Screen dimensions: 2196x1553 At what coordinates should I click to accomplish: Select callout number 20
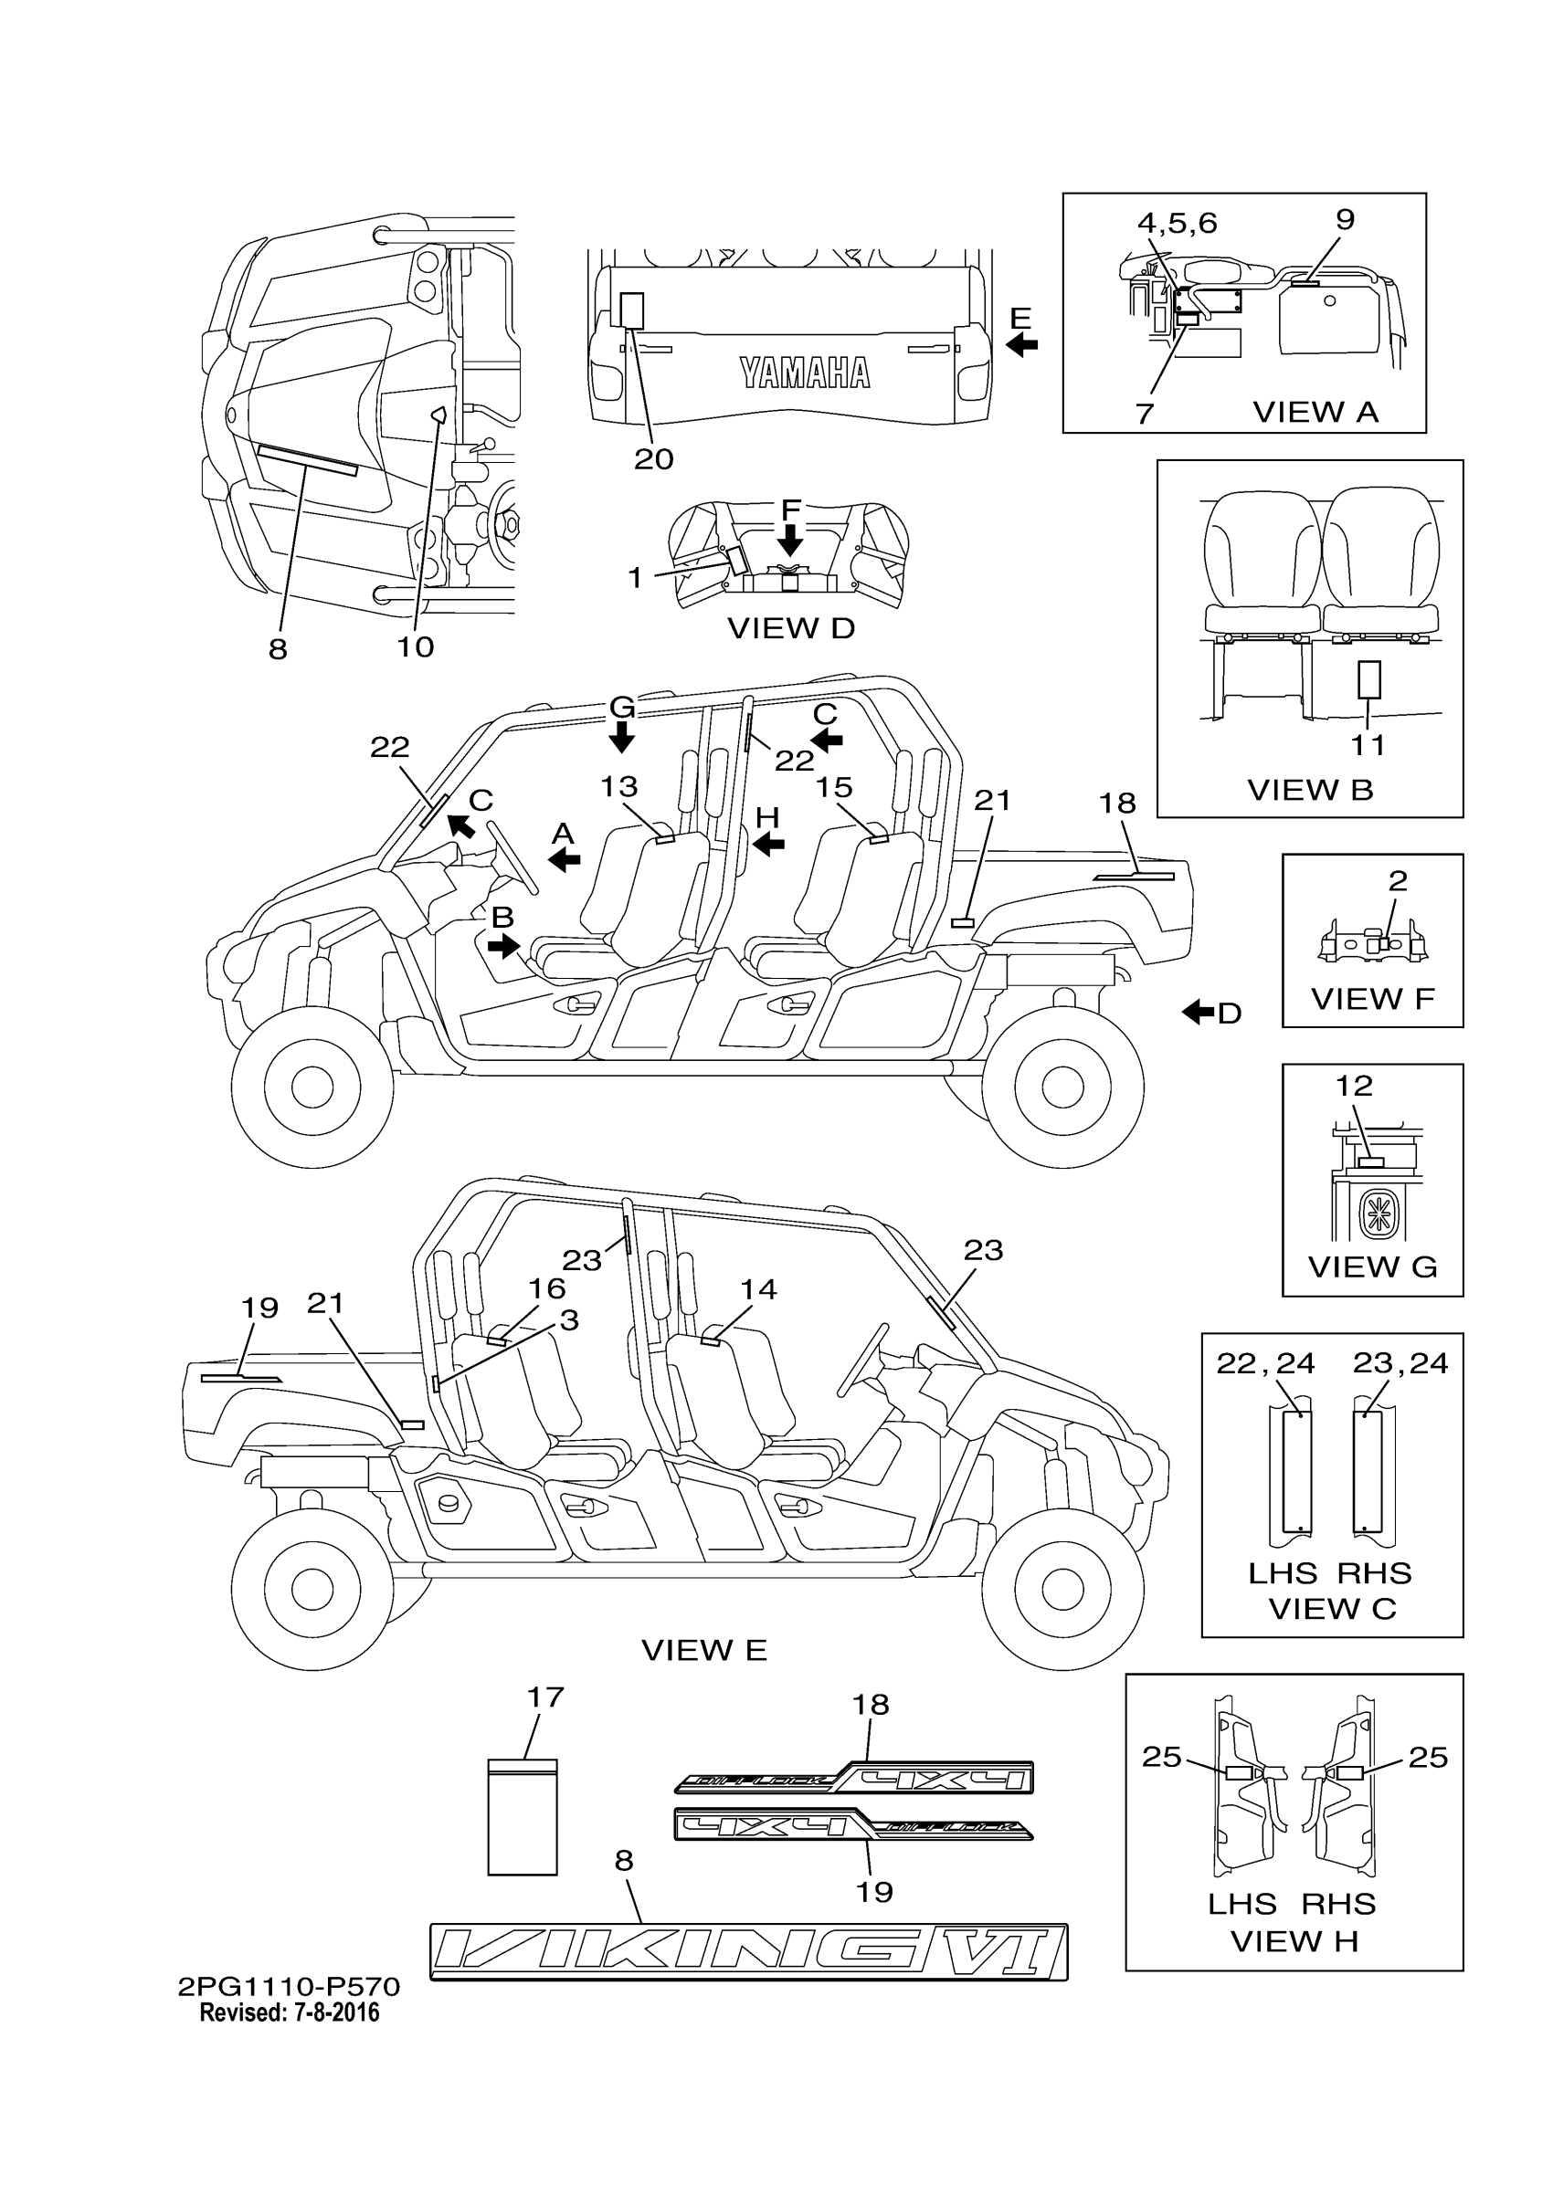653,459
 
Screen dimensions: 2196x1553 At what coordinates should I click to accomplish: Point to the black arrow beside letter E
1022,344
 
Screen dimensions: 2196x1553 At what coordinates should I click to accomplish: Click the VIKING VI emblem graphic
748,1951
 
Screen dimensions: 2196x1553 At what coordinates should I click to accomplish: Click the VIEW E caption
703,1650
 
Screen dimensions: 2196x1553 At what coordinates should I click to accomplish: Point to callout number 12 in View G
1354,1086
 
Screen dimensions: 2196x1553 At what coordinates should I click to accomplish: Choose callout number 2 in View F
1397,881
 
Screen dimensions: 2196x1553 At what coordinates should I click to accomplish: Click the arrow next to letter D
1198,1012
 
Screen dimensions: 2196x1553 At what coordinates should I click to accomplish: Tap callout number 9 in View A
1345,220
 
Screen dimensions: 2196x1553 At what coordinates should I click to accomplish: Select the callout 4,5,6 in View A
1176,223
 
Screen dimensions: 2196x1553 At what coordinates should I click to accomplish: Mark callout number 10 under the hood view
416,647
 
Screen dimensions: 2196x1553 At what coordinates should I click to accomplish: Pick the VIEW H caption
1294,1941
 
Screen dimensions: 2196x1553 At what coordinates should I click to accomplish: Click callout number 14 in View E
758,1289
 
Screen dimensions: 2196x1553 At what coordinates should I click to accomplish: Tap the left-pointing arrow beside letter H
768,844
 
